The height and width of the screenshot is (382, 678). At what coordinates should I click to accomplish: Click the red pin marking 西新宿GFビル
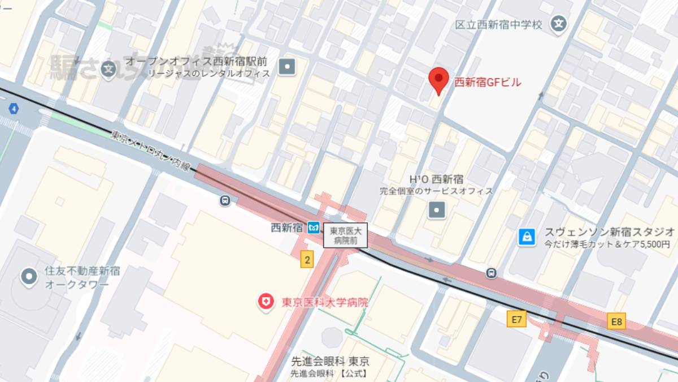(438, 80)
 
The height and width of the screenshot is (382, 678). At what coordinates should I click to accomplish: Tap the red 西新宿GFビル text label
(488, 83)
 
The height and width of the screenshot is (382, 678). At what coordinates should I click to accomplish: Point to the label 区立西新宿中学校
(499, 25)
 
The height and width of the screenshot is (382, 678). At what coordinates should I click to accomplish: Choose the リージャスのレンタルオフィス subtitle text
(208, 73)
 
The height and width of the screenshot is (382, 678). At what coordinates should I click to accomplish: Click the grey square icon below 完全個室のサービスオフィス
(437, 211)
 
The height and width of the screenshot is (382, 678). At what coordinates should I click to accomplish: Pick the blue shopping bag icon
(527, 237)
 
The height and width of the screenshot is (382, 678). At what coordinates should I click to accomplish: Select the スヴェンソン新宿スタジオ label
(609, 231)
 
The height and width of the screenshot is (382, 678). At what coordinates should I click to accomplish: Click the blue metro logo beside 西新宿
(314, 228)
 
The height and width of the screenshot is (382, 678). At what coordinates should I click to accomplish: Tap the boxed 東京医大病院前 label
(345, 235)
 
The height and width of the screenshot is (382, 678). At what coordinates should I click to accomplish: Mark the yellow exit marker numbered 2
(307, 260)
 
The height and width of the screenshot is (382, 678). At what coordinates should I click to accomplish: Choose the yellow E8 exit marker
(616, 322)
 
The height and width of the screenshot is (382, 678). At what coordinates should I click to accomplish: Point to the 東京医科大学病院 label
(325, 302)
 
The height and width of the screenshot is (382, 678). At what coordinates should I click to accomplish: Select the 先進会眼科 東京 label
(330, 362)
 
